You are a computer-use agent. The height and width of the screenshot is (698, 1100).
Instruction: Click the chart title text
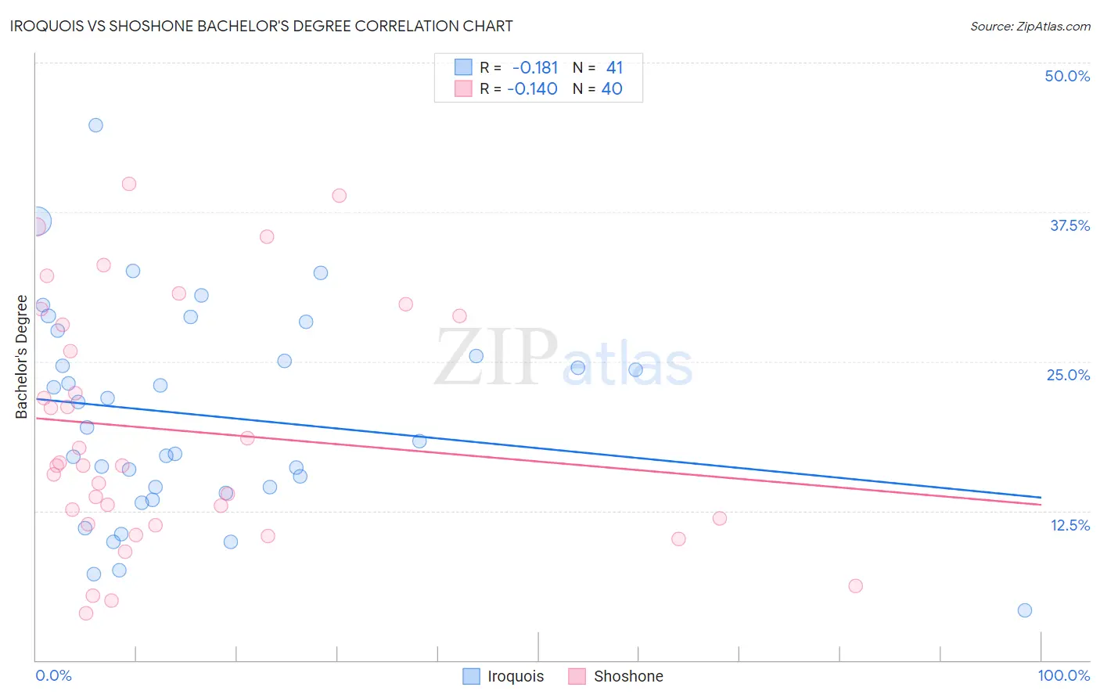(x=261, y=26)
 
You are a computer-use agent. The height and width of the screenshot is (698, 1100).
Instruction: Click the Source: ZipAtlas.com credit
(x=1030, y=26)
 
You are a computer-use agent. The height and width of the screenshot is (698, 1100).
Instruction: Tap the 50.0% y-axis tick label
(x=1067, y=76)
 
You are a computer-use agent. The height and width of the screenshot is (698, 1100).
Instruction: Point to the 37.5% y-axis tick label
(x=1069, y=225)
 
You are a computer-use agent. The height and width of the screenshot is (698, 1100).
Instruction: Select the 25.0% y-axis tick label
(x=1068, y=375)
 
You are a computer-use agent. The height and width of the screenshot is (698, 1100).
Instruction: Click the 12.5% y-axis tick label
(x=1069, y=525)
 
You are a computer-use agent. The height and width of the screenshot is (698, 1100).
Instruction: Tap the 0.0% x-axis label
(x=53, y=675)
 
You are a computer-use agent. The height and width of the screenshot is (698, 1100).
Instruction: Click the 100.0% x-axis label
(x=1063, y=675)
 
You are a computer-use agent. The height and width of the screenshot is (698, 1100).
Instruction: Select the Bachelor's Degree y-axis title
(x=22, y=357)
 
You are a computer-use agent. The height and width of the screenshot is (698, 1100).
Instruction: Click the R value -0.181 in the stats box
(x=535, y=68)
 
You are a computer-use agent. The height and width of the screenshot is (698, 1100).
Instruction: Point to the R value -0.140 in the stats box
(x=532, y=89)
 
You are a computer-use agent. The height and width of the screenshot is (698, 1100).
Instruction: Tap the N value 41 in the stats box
(x=614, y=68)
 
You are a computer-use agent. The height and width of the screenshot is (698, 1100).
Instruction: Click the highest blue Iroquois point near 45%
(x=95, y=125)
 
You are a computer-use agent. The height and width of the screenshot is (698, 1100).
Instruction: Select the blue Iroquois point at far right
(x=1024, y=610)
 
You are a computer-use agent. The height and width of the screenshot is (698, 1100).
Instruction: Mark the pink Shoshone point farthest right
(x=855, y=586)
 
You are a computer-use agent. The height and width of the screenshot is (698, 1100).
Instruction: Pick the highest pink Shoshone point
(x=129, y=184)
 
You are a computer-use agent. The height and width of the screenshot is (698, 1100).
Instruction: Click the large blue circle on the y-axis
(x=37, y=221)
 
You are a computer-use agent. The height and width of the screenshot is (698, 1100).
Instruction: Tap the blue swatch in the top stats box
(x=463, y=67)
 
